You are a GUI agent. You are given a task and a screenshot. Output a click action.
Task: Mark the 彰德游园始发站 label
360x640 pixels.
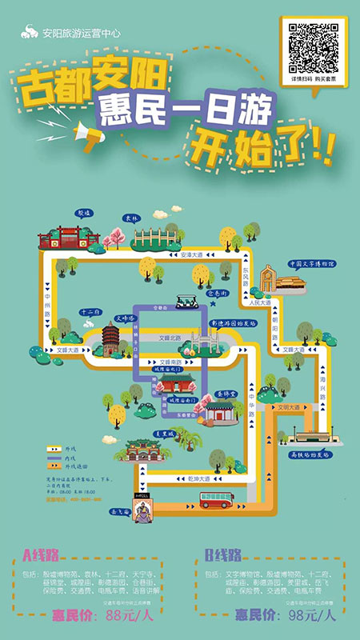[233, 324]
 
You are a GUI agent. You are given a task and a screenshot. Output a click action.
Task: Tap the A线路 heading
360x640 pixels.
[45, 555]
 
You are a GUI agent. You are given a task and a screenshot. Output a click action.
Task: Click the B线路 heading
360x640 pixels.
[223, 555]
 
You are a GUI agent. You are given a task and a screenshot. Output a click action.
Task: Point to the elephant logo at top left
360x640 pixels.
[29, 33]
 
